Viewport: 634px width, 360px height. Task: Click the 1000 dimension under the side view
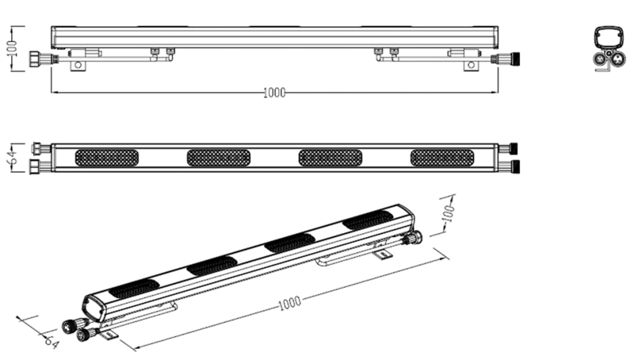[274, 93]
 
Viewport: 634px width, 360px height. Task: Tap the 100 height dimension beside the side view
[12, 48]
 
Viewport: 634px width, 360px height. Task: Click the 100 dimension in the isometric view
[449, 213]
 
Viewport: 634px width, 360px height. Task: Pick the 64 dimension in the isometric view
[52, 342]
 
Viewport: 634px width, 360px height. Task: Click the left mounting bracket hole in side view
[78, 65]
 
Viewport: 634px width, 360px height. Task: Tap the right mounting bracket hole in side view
[471, 65]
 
